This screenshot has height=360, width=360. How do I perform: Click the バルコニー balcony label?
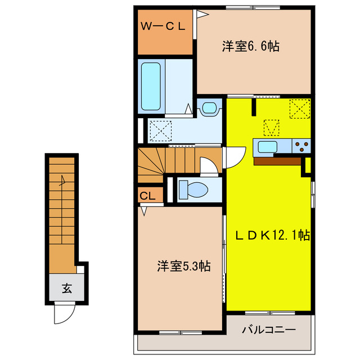pos(269,329)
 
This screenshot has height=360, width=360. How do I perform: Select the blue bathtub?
pos(151,86)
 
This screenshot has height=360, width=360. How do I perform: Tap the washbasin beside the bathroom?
pos(209,107)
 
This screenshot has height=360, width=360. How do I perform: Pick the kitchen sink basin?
pos(266,148)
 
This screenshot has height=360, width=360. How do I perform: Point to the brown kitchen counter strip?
pos(277,160)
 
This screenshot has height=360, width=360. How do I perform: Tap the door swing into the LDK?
pos(235,156)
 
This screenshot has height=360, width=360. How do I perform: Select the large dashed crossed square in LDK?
pos(299,108)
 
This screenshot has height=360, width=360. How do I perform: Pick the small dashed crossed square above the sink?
pos(272,128)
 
